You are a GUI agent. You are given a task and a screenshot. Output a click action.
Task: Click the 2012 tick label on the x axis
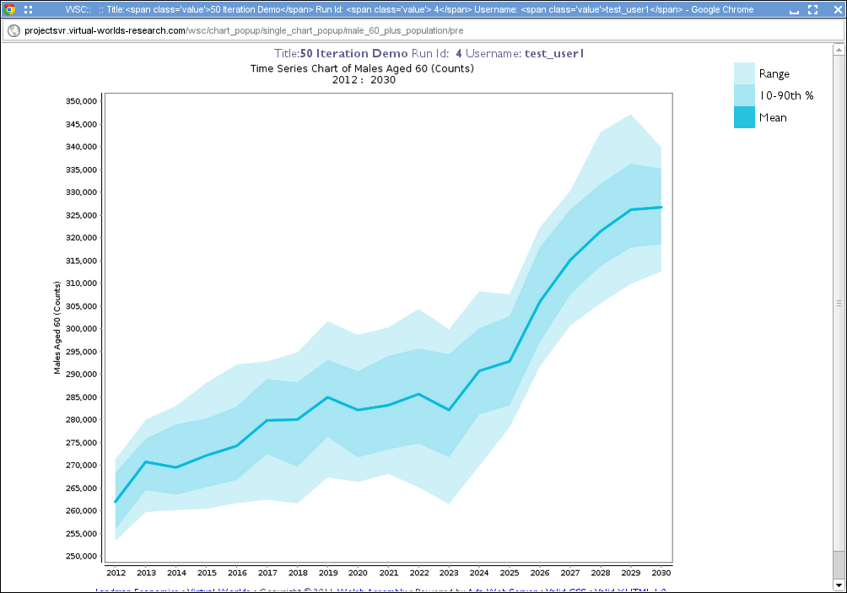[116, 573]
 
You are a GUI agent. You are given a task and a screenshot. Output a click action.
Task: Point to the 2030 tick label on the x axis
[661, 573]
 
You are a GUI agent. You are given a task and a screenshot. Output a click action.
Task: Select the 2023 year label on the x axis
[449, 573]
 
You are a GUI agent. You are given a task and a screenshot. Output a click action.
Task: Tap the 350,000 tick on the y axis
[82, 101]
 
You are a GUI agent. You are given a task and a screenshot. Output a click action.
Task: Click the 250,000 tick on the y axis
[82, 556]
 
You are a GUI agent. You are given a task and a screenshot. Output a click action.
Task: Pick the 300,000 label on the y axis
[82, 329]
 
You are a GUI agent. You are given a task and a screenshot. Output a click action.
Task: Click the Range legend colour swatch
[744, 73]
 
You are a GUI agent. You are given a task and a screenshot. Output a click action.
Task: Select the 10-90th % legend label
[786, 95]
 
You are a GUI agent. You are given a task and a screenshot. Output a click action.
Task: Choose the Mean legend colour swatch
[744, 117]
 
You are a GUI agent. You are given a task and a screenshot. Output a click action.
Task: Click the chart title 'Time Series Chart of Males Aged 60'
[362, 68]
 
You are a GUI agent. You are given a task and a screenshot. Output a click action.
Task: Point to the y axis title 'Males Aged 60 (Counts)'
[57, 329]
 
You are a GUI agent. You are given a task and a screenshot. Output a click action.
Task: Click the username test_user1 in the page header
[554, 53]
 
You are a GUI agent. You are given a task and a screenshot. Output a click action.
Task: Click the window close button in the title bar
[834, 9]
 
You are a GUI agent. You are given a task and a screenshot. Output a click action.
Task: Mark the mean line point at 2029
[630, 209]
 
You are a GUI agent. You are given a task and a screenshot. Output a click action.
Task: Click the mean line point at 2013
[146, 461]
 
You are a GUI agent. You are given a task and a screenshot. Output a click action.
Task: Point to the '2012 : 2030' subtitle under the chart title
[364, 80]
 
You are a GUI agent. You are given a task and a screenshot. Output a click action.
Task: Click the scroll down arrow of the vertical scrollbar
[839, 583]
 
